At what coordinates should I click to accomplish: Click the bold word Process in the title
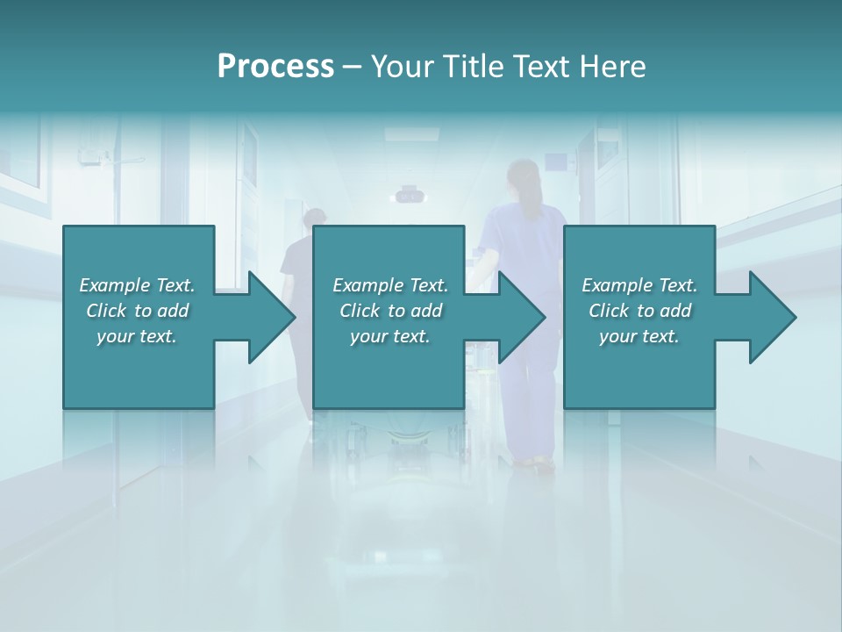[x=275, y=67]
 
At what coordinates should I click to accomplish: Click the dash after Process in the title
[x=352, y=68]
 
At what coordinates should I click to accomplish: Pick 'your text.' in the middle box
[x=389, y=336]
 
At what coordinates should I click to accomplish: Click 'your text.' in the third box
[x=639, y=336]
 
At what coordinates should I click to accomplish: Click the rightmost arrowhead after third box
[x=772, y=317]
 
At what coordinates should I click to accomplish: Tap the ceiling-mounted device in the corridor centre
[x=406, y=195]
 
